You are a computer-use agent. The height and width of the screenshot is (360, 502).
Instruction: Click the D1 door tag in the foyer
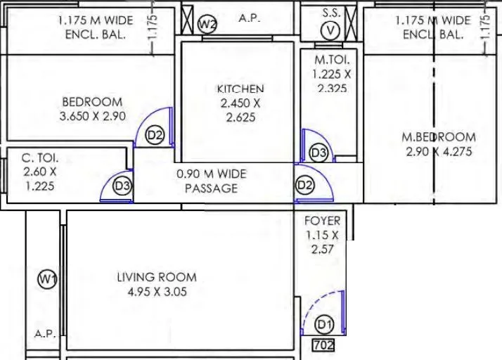[x=323, y=325]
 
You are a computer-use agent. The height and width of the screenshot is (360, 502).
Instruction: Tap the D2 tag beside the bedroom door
[x=155, y=135]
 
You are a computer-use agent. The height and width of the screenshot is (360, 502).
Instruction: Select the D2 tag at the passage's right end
[x=304, y=186]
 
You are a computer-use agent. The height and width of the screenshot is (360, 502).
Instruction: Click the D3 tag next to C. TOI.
[x=123, y=186]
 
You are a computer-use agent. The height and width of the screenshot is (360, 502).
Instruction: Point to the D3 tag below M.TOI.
[x=318, y=153]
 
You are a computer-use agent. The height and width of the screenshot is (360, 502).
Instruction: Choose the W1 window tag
[x=46, y=280]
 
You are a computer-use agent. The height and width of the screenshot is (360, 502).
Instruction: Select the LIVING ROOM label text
[x=157, y=277]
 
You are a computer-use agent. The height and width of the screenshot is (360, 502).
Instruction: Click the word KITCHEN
[x=240, y=89]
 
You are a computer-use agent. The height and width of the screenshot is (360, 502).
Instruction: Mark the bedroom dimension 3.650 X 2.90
[x=93, y=116]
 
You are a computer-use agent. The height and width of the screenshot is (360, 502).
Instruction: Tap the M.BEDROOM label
[x=439, y=137]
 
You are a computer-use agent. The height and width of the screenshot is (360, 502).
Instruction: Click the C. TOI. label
[x=40, y=159]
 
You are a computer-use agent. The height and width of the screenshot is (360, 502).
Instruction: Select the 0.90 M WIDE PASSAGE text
[x=211, y=181]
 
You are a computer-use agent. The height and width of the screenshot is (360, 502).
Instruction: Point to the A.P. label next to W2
[x=249, y=18]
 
